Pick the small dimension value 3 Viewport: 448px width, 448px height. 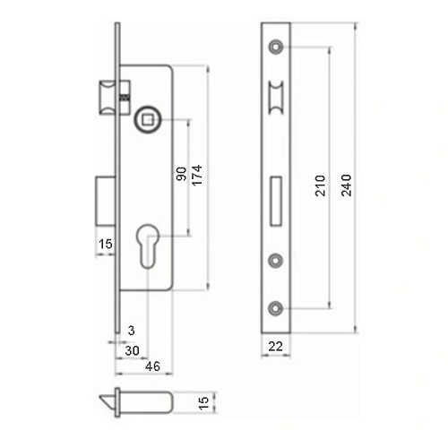coord(131,330)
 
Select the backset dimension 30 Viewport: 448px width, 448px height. coord(133,350)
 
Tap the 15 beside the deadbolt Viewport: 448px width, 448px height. coord(105,244)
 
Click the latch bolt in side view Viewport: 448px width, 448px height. coord(108,96)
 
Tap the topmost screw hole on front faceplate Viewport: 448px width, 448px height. coord(276,46)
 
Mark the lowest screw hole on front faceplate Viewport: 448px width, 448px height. coord(276,307)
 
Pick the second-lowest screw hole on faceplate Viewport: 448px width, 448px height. coord(276,260)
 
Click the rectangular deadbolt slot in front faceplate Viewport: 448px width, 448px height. coord(276,199)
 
